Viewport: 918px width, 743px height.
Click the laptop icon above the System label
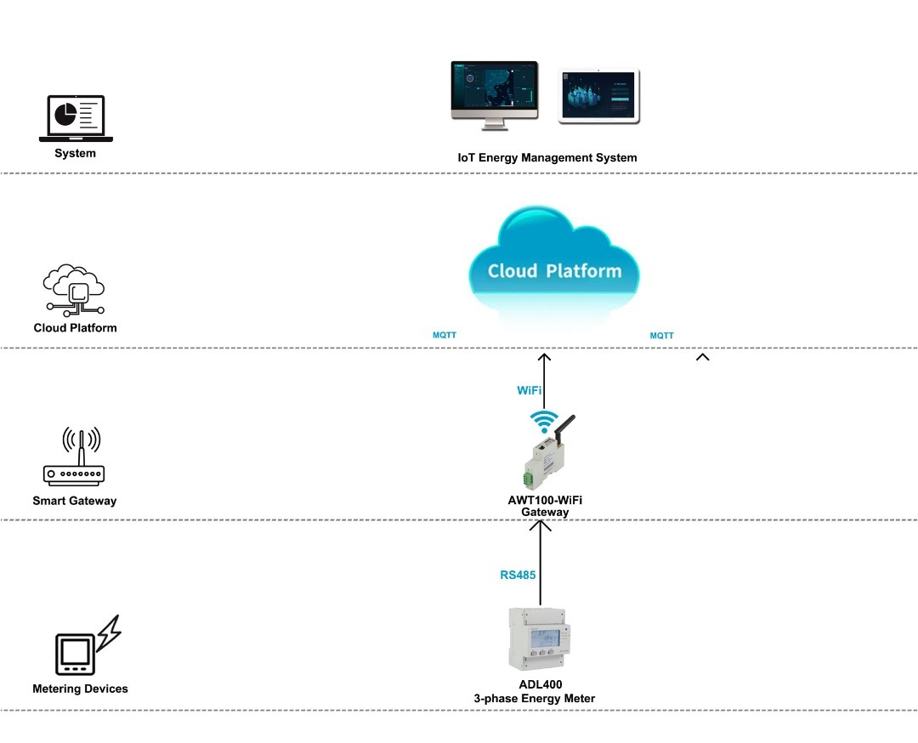(76, 118)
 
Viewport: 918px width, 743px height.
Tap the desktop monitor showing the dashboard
(494, 94)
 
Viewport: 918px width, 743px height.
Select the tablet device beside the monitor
(599, 96)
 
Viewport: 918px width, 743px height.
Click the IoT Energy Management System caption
(547, 157)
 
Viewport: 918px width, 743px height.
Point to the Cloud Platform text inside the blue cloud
(554, 271)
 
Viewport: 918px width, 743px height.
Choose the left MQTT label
(445, 335)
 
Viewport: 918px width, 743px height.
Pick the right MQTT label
(662, 336)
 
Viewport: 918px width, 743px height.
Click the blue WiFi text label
(530, 390)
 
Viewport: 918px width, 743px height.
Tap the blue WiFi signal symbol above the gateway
(544, 422)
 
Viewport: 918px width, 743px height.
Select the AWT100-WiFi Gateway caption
(545, 507)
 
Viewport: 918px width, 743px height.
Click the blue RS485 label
(518, 575)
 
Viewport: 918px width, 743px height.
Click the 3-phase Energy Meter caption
(534, 698)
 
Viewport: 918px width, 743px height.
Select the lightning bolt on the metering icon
(109, 634)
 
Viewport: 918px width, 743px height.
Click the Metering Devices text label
(80, 689)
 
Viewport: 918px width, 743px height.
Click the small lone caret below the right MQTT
(702, 357)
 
